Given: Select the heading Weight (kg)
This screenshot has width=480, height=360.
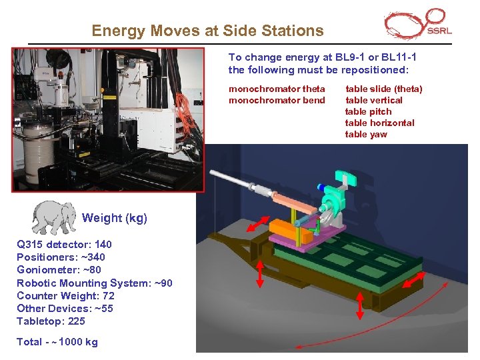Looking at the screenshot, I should click(x=114, y=218).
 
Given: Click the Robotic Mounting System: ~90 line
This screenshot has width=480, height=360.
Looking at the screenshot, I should click(x=94, y=283).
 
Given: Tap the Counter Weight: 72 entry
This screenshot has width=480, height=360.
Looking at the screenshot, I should click(x=65, y=295).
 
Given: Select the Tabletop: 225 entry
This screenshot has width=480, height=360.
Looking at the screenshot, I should click(x=51, y=321).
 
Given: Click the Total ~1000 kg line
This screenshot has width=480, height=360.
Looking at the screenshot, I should click(x=57, y=342).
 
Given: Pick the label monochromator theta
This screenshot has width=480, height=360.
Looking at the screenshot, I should click(x=277, y=89).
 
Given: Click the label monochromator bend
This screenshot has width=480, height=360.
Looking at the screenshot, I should click(x=277, y=100).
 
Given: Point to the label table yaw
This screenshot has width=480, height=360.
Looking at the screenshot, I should click(x=365, y=134).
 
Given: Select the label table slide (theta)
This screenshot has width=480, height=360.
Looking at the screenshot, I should click(x=383, y=89).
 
